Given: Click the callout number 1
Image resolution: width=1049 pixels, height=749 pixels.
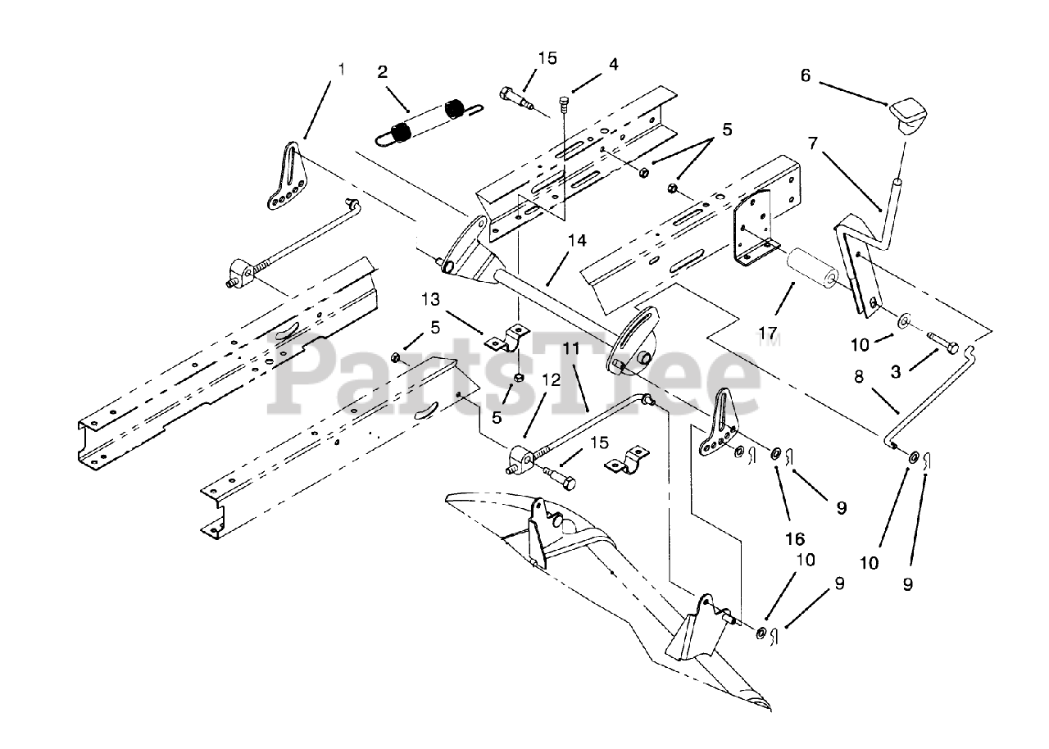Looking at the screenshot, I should [x=342, y=69].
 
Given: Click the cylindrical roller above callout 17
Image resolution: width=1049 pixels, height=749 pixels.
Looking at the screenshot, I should [x=811, y=270].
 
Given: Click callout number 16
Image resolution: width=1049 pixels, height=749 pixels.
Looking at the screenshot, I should [x=794, y=539].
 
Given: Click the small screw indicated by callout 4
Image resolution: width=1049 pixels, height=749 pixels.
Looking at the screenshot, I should [x=565, y=102].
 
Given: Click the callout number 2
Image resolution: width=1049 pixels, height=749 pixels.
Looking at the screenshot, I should [x=382, y=70].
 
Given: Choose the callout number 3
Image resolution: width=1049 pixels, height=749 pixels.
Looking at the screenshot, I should [x=896, y=372].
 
